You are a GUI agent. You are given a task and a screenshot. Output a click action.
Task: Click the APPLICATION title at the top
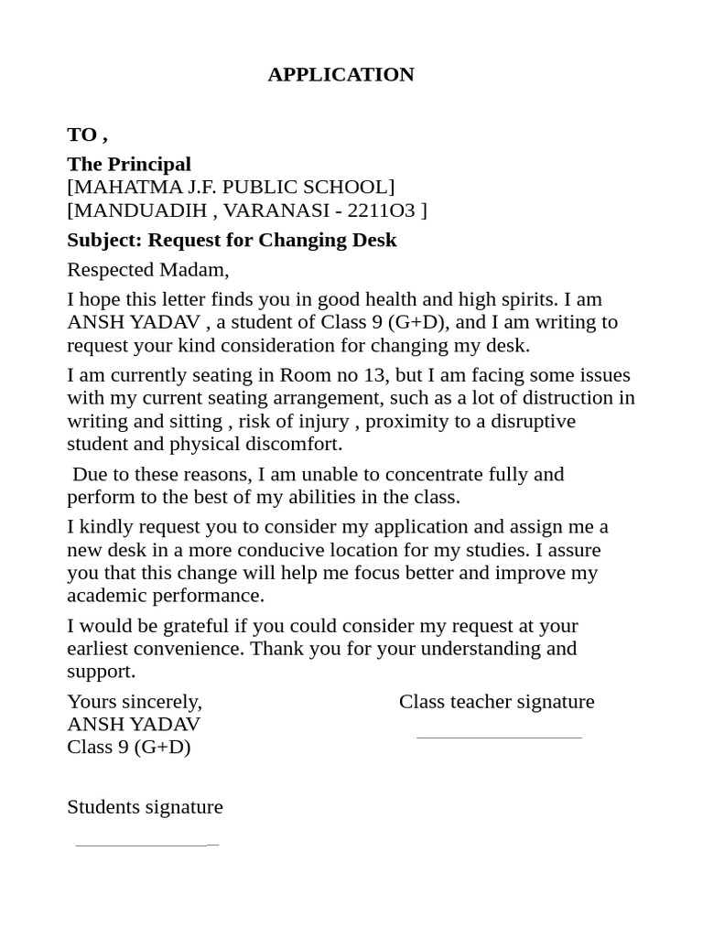point(341,74)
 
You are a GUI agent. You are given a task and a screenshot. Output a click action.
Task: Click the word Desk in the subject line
point(375,240)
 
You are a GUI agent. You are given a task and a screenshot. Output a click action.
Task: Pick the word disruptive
point(525,421)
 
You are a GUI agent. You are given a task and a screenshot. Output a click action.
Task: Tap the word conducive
point(279,550)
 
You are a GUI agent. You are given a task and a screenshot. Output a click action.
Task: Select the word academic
point(103,596)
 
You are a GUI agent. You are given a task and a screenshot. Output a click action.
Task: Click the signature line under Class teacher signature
point(499,737)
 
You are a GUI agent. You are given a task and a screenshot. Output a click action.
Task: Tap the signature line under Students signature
point(146,845)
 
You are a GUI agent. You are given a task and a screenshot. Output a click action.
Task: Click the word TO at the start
point(81,135)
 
